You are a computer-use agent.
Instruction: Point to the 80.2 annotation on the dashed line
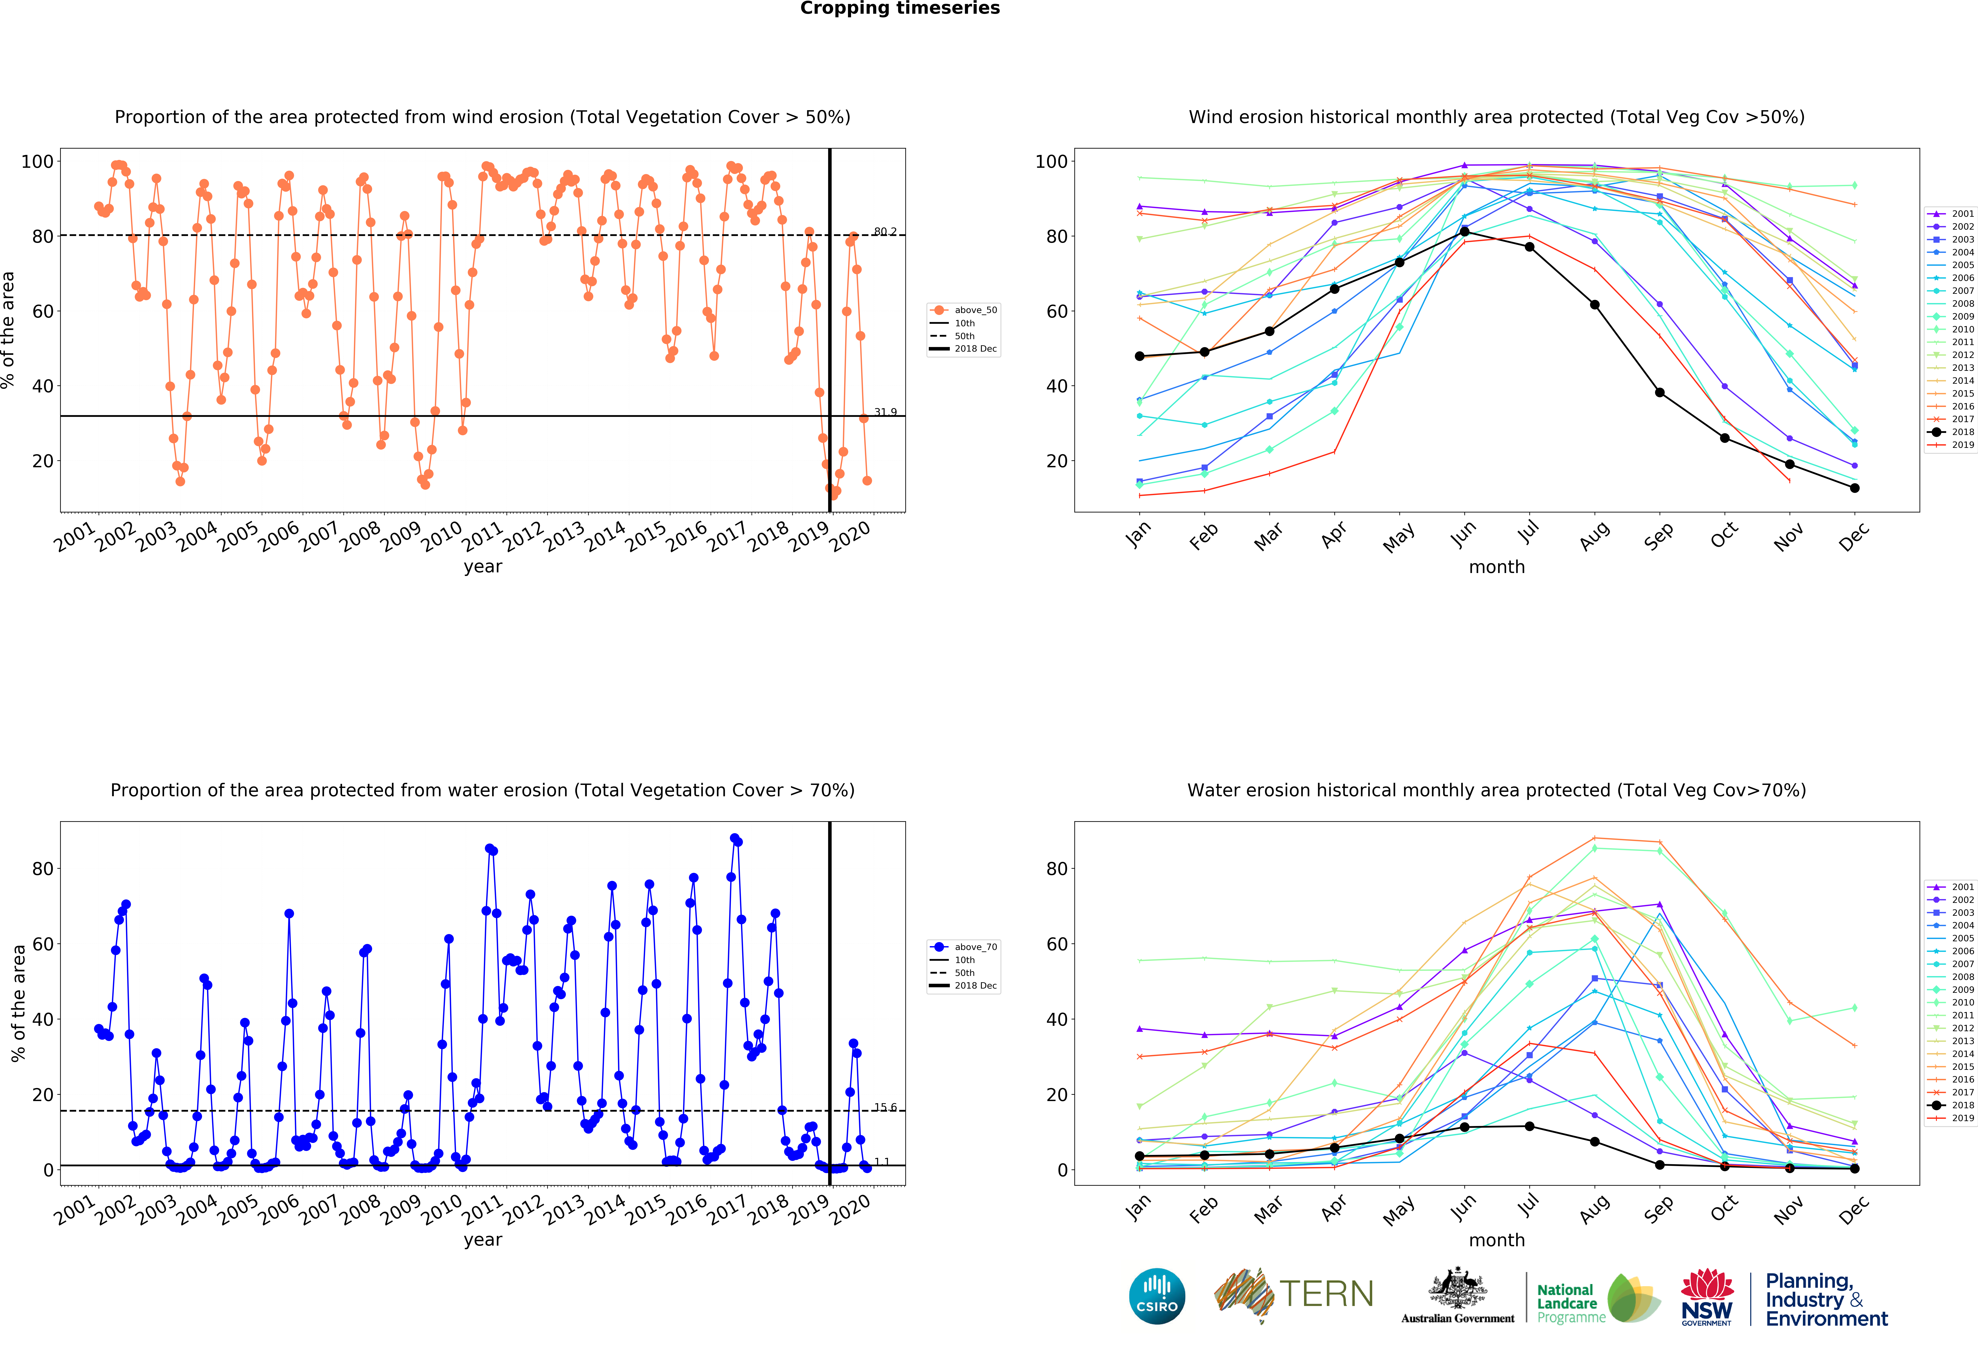885,232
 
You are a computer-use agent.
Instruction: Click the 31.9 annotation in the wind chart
885,412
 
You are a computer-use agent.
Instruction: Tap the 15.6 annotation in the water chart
885,1107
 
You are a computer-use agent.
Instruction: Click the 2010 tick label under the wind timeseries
443,536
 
